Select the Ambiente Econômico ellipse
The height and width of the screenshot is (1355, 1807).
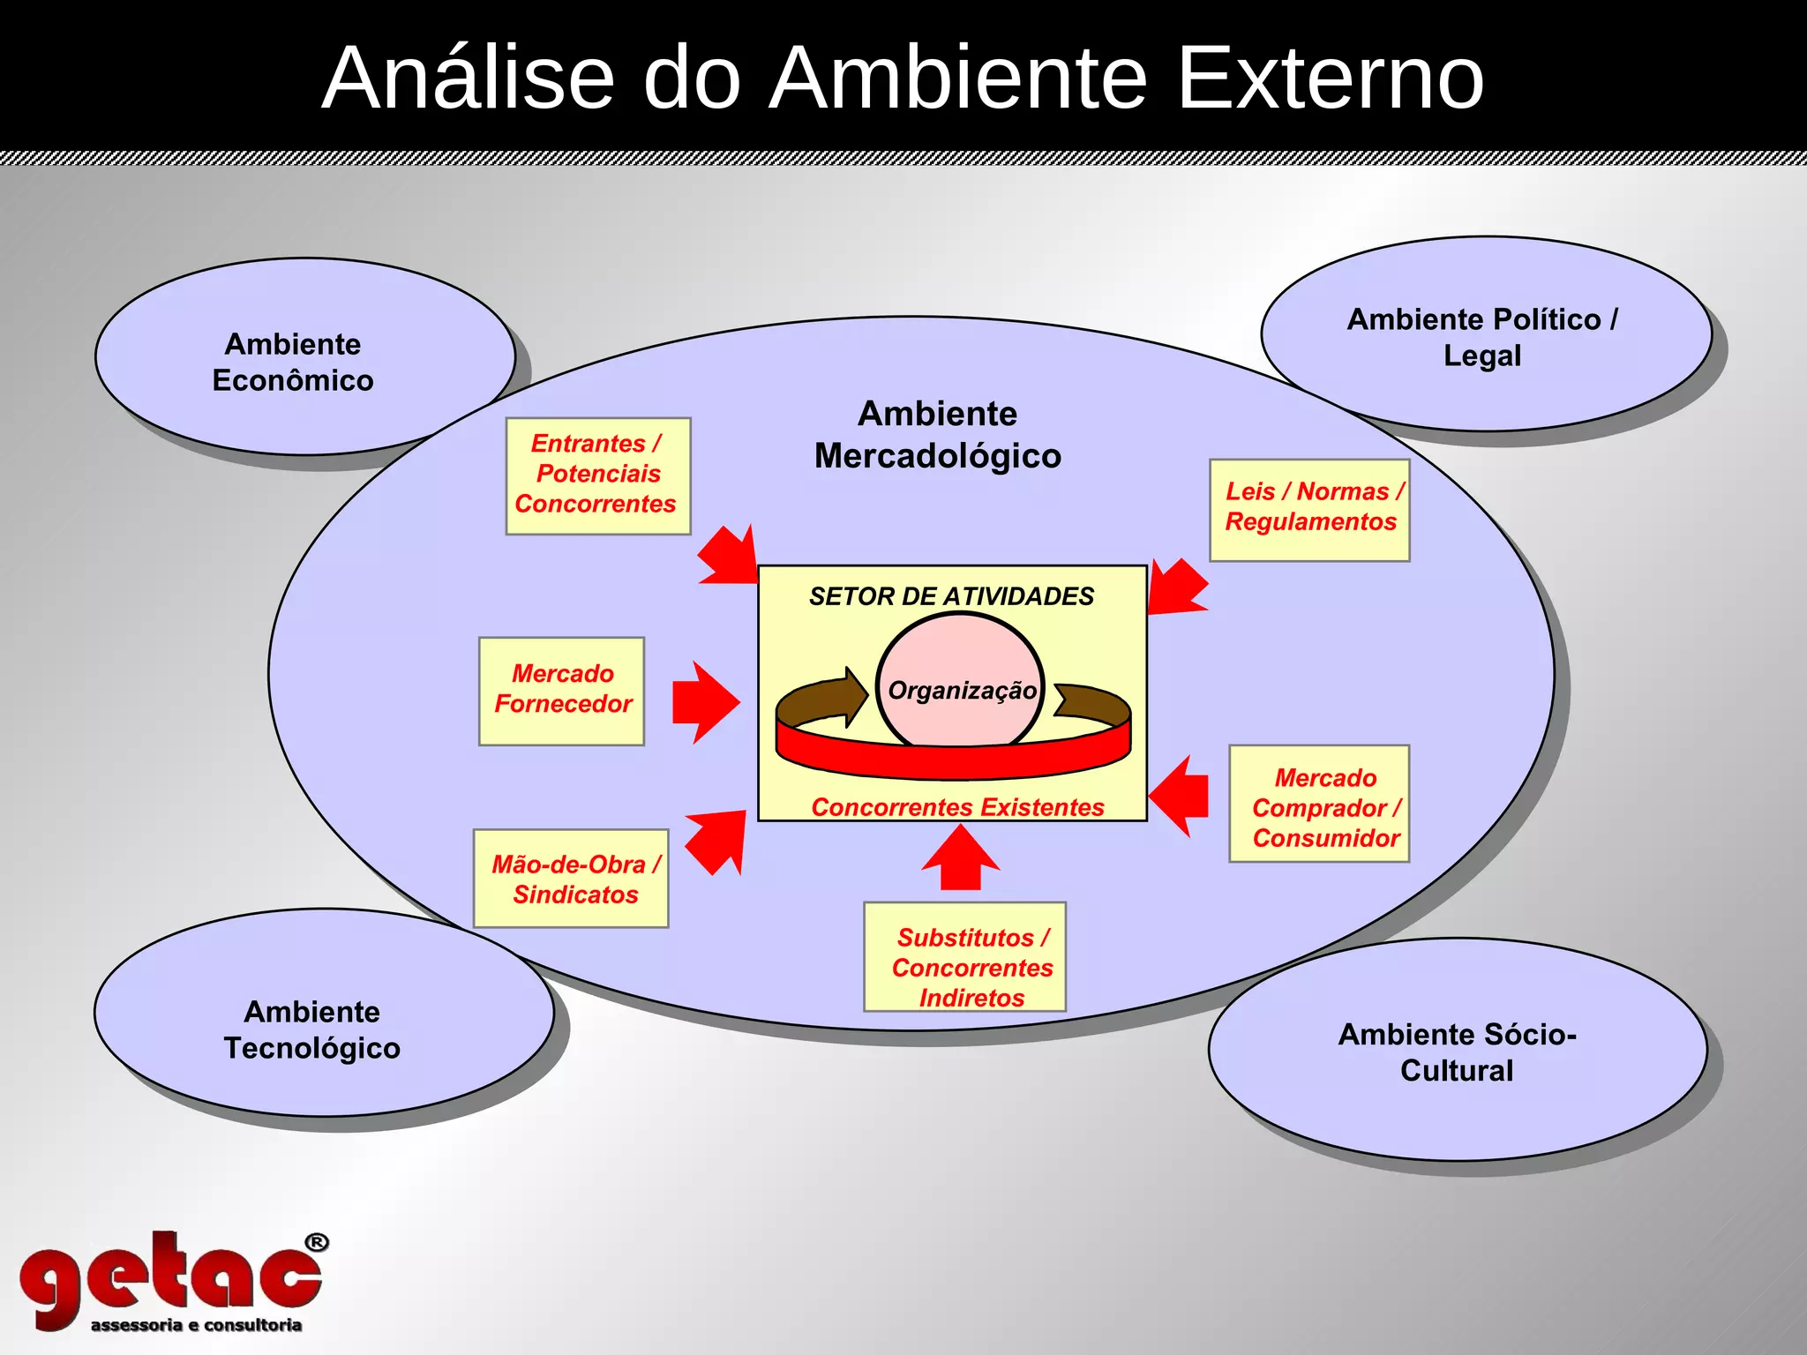[x=293, y=362]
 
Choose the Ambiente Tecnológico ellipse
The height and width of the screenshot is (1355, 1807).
[x=312, y=1029]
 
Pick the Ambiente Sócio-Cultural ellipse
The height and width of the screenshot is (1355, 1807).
[x=1457, y=1052]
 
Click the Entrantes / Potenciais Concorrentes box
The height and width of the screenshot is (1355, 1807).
[x=597, y=475]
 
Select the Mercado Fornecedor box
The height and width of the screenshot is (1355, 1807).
[x=562, y=690]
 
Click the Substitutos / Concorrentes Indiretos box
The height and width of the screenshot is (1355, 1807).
[x=964, y=956]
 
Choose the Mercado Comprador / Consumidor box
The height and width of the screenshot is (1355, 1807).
[x=1319, y=804]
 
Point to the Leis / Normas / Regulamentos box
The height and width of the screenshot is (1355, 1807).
[x=1309, y=510]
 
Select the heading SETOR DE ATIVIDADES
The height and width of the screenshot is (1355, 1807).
[x=951, y=597]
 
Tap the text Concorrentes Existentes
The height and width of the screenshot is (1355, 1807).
[x=957, y=807]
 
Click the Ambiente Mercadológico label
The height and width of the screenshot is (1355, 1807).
[x=937, y=435]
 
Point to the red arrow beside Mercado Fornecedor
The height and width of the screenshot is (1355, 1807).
[x=704, y=702]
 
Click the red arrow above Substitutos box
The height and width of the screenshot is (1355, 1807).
[x=961, y=859]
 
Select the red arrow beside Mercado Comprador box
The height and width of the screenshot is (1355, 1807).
[x=1181, y=796]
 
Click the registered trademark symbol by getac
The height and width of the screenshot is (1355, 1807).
[x=317, y=1243]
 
